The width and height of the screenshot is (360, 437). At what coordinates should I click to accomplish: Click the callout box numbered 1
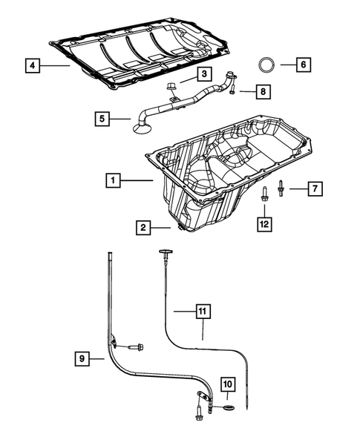(x=112, y=180)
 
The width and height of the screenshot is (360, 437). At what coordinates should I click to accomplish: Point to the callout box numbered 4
(x=31, y=66)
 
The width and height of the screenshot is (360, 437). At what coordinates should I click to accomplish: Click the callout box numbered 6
(x=303, y=64)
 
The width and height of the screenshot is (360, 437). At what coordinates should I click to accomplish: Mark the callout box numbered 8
(x=262, y=91)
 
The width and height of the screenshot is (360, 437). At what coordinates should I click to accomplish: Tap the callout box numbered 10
(x=228, y=384)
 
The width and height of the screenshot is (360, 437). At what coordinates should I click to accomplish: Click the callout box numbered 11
(x=203, y=312)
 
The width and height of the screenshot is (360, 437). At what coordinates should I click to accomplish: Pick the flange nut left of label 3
(x=171, y=89)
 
